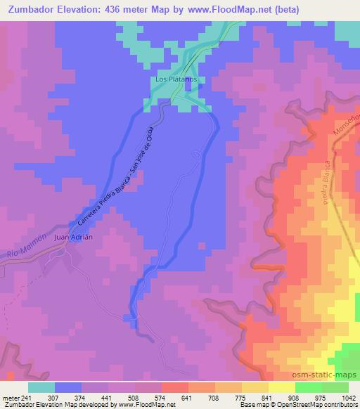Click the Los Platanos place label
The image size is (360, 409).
point(176,79)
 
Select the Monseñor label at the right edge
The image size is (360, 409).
point(349,124)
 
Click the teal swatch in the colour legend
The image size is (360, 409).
point(41,387)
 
